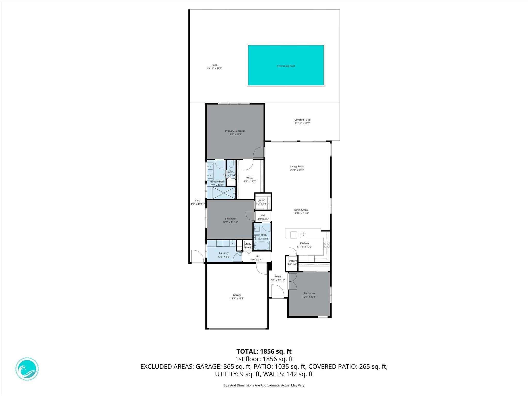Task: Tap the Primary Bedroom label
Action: click(235, 131)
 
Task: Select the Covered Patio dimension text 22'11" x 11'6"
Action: click(302, 123)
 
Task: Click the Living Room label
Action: click(297, 167)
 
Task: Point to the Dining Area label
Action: click(301, 210)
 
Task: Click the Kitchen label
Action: click(304, 243)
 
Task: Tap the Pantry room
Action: click(292, 263)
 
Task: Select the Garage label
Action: click(237, 295)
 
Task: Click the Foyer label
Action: click(278, 277)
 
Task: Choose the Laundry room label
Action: click(224, 253)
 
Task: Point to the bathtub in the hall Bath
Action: click(261, 245)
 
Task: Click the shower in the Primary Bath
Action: click(224, 193)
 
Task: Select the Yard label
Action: click(197, 201)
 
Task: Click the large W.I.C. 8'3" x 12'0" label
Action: click(250, 178)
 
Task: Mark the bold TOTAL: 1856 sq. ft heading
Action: click(264, 351)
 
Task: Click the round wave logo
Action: click(27, 369)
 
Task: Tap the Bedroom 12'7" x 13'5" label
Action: click(309, 293)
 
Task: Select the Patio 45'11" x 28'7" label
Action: click(214, 65)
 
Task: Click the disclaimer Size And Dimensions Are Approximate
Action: click(264, 385)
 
